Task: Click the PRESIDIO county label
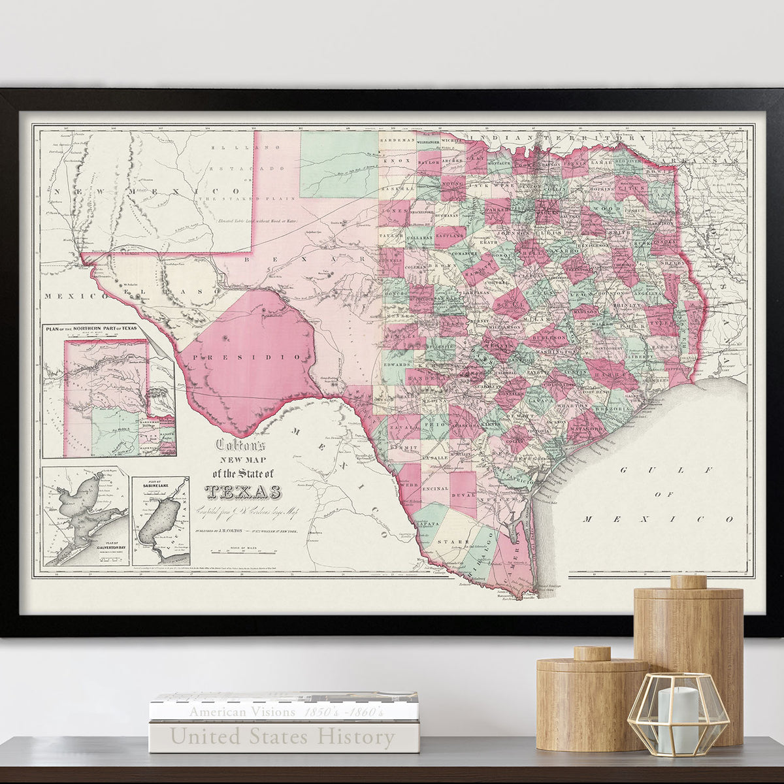click(252, 357)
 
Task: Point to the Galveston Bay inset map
click(86, 516)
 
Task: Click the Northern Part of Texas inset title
click(91, 327)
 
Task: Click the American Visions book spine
click(283, 711)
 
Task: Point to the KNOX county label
click(397, 159)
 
